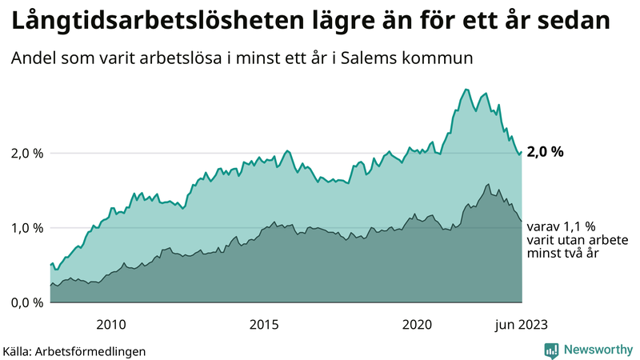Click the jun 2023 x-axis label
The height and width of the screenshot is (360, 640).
pyautogui.click(x=521, y=324)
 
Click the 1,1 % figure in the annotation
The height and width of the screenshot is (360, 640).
pyautogui.click(x=578, y=227)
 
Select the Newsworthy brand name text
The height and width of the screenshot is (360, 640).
pyautogui.click(x=598, y=350)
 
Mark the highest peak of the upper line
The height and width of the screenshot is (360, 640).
pyautogui.click(x=466, y=89)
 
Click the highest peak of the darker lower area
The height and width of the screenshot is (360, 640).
pyautogui.click(x=488, y=184)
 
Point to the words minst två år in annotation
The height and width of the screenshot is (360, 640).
pyautogui.click(x=563, y=253)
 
